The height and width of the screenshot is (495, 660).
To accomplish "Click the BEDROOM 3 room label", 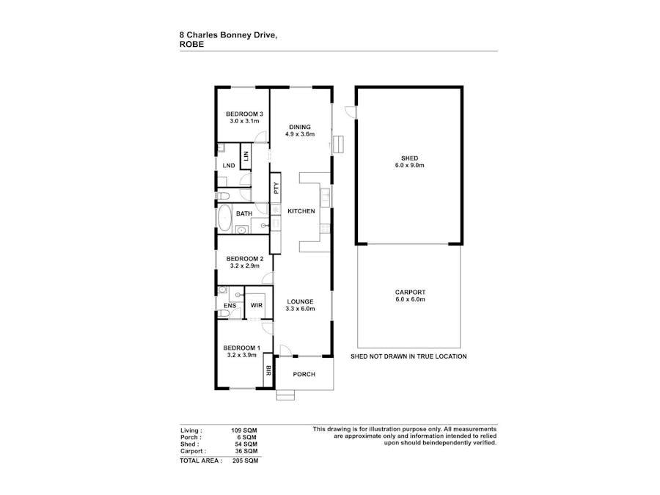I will coord(244,114).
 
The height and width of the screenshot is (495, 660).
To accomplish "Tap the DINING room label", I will coord(300,127).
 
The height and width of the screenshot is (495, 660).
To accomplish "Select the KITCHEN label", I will coord(301,211).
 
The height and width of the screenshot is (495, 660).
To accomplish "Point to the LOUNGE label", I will coord(301,301).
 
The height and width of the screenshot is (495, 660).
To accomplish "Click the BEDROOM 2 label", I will coord(244,259).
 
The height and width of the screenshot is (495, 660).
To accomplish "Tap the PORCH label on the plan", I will coord(304,375).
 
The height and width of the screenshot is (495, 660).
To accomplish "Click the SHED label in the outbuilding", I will coord(409,158).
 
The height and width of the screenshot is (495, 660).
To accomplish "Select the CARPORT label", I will coord(409,293).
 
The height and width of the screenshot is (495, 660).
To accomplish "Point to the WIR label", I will coord(257,304).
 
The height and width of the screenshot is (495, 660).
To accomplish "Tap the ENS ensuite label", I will coord(229,305).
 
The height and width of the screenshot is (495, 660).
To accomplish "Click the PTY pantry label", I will coord(276,187).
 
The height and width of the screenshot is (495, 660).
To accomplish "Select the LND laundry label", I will coord(229,166).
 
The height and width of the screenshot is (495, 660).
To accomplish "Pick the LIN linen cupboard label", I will coord(246,156).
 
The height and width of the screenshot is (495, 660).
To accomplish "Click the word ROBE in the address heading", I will coord(191,44).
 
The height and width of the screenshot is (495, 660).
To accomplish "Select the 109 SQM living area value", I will coord(245,430).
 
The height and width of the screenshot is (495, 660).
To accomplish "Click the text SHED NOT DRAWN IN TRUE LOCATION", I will coord(409,356).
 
